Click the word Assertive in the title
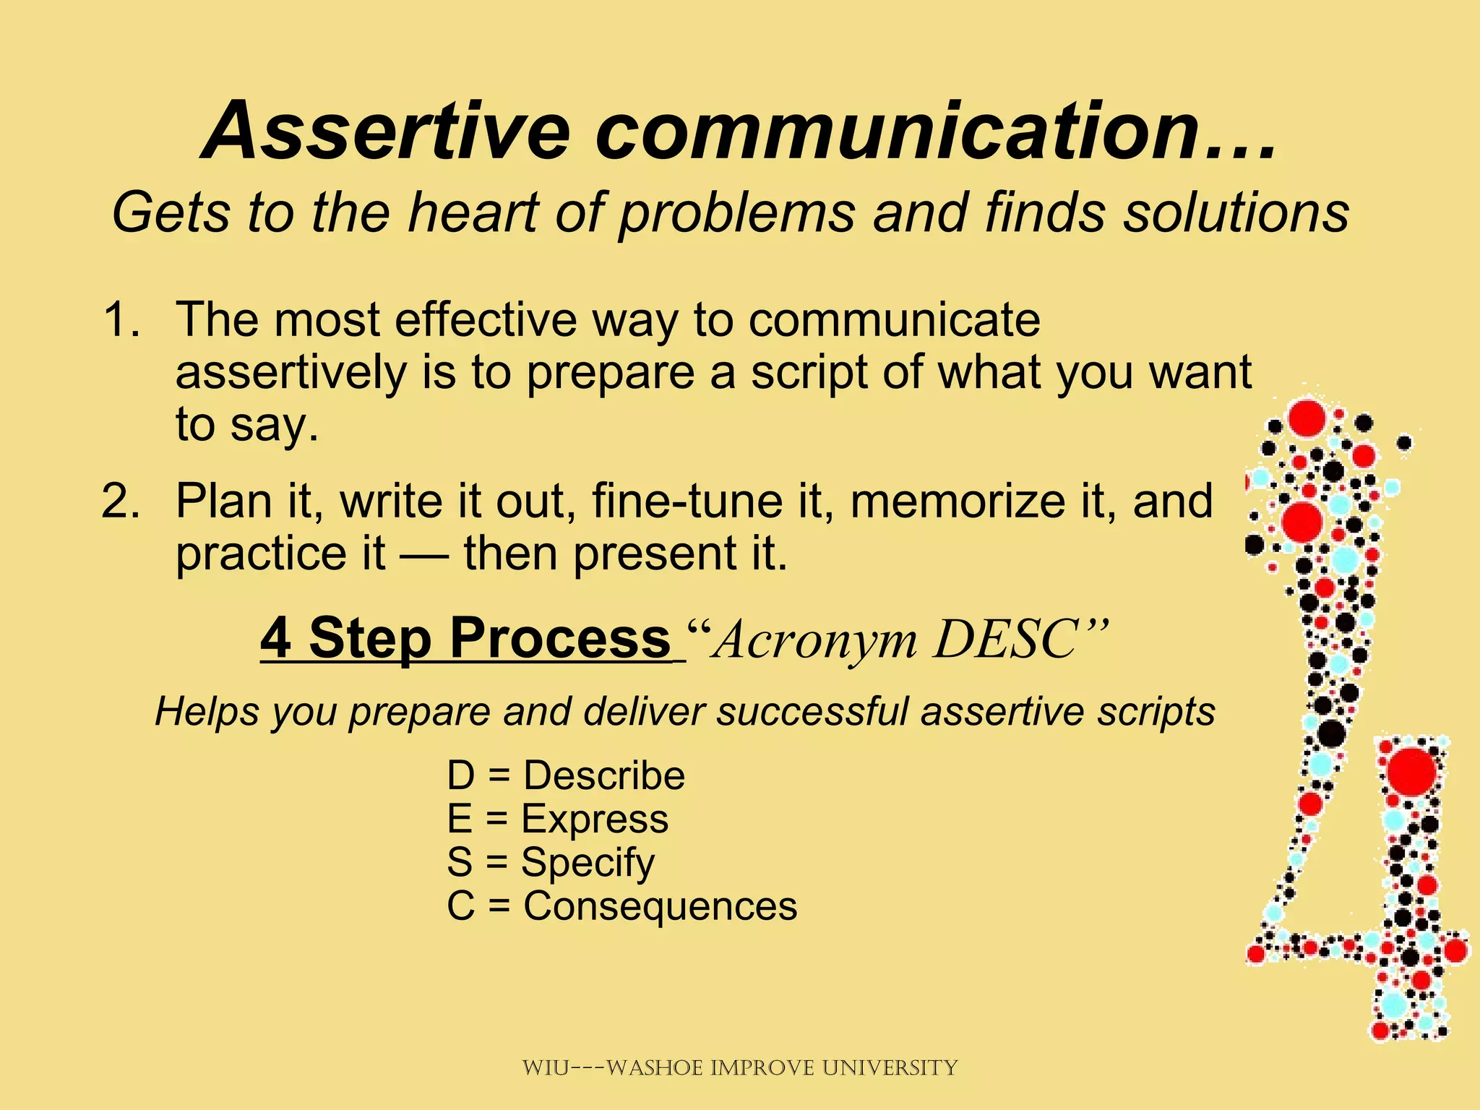click(387, 132)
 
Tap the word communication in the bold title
click(896, 132)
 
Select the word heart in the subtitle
click(474, 212)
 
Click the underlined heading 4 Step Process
click(466, 639)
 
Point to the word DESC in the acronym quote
click(1012, 640)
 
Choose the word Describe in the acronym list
click(604, 776)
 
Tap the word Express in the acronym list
click(595, 819)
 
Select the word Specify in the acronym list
click(588, 863)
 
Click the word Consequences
click(660, 906)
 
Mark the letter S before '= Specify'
click(460, 863)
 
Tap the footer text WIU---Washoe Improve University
click(739, 1067)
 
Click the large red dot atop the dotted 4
click(1306, 417)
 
